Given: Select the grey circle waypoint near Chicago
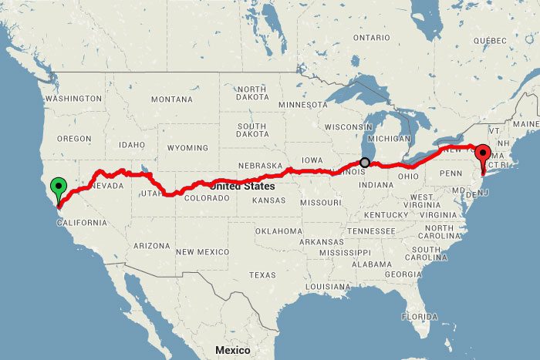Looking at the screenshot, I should (365, 163).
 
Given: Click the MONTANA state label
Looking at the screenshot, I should (171, 99).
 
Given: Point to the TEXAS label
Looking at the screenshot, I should (262, 274).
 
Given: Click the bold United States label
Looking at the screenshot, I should (241, 186).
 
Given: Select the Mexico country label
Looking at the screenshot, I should (232, 350).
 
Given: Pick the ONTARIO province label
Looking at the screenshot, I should (372, 38).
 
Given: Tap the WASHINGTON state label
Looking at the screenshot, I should (74, 99).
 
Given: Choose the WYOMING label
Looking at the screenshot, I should (187, 147).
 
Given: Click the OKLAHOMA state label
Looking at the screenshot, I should (278, 231).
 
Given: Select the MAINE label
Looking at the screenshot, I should (526, 124).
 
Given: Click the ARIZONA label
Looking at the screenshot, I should (150, 246).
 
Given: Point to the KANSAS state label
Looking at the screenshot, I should (269, 200).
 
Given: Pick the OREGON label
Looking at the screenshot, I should (73, 139).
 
